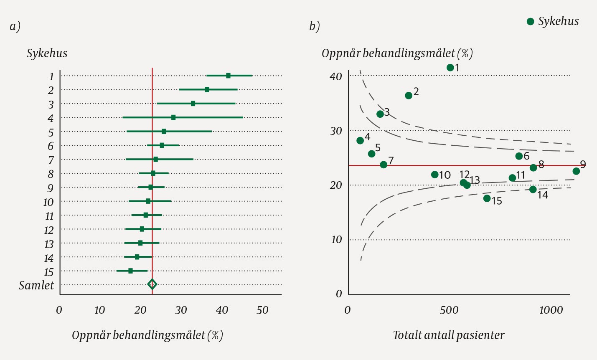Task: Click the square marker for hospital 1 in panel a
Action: tap(228, 76)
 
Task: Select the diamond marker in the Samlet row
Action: tap(152, 284)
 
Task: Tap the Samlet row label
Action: tap(36, 285)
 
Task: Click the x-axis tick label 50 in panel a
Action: tap(262, 310)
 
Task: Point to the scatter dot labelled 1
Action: tap(450, 68)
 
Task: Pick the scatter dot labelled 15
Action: tap(487, 198)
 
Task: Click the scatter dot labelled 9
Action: tap(576, 171)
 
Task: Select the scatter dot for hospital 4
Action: tap(360, 140)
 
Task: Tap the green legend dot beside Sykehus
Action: tap(531, 22)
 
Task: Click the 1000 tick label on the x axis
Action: tap(551, 310)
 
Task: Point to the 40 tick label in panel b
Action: tap(336, 77)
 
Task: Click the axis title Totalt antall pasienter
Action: tap(449, 335)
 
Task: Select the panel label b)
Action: tap(315, 26)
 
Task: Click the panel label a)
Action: tap(15, 26)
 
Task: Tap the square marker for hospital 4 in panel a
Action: tap(173, 117)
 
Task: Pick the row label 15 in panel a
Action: tap(48, 272)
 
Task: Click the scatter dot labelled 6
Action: tap(519, 156)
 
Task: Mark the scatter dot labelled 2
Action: tap(409, 96)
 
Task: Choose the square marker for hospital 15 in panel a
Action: tap(130, 271)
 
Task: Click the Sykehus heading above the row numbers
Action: tap(47, 53)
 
